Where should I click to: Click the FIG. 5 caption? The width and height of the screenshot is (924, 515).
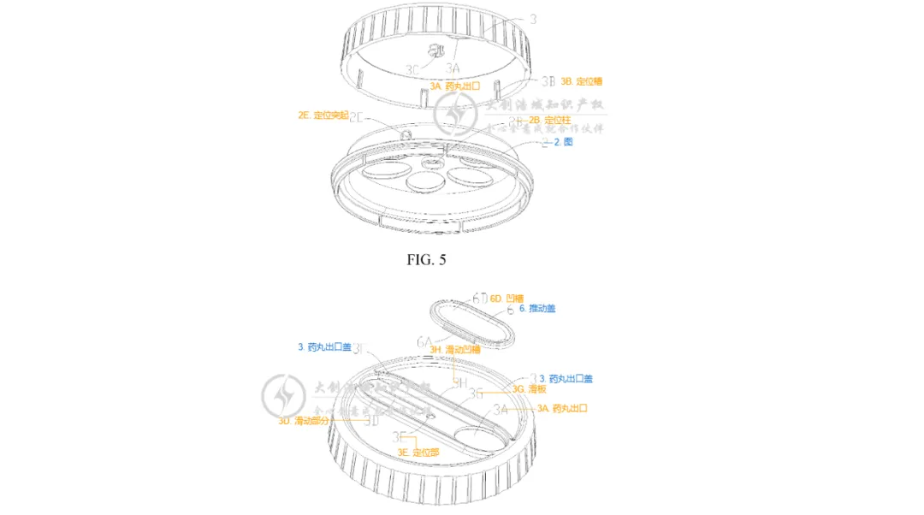[426, 260]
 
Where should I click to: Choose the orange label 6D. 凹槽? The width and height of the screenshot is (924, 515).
[506, 298]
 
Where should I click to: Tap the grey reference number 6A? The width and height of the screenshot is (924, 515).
[425, 341]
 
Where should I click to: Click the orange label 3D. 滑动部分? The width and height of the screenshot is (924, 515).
[304, 421]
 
